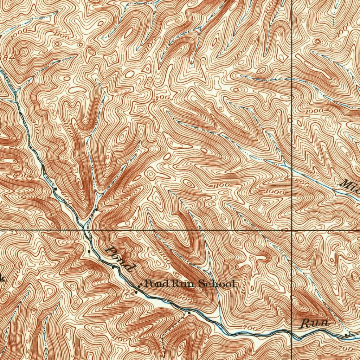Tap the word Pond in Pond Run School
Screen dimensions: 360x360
click(153, 283)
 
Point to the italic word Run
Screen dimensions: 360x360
click(315, 323)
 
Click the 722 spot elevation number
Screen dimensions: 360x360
click(129, 291)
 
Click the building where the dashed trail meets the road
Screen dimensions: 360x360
click(189, 312)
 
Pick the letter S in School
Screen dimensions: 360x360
click(202, 284)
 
